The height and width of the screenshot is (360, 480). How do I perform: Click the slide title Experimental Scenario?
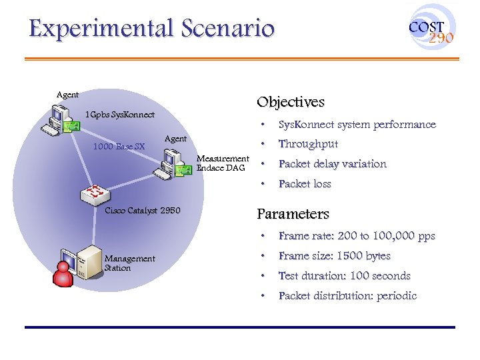point(151,29)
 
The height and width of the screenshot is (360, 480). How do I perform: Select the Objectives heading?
point(291,102)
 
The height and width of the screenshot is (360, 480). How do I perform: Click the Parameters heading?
point(293,214)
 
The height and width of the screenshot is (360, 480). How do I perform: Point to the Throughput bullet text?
point(308,144)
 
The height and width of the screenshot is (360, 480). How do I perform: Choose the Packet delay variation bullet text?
point(332,164)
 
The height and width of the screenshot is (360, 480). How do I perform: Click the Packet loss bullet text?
point(305,184)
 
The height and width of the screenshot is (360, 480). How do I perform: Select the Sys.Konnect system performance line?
point(357,125)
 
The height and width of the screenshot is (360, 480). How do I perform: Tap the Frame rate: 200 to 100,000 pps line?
point(357,236)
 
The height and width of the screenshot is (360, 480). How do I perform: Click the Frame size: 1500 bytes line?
point(334,256)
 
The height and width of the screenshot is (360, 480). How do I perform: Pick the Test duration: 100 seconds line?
point(344,276)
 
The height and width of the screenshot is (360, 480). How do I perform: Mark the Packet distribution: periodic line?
point(347,296)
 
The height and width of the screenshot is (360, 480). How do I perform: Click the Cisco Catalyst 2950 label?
point(143,211)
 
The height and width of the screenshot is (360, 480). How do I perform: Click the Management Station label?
point(129,263)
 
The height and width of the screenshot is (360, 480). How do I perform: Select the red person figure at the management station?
point(63,273)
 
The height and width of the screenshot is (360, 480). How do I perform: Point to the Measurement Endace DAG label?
point(223,163)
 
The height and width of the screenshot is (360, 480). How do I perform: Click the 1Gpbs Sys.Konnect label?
point(120,115)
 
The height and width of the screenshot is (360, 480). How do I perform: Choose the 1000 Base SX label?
point(119,146)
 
